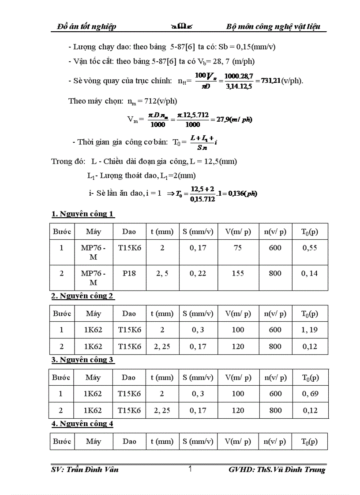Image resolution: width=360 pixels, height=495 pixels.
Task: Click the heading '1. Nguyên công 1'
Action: click(x=83, y=214)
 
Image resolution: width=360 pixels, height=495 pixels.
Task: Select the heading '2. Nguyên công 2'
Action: click(x=83, y=296)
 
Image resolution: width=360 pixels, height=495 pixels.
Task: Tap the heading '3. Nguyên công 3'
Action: click(x=83, y=360)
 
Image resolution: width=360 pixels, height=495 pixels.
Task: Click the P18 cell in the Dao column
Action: click(x=129, y=273)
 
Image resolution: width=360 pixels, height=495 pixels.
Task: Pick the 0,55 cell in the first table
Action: click(x=310, y=248)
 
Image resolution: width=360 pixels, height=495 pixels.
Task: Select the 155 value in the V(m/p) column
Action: click(x=238, y=273)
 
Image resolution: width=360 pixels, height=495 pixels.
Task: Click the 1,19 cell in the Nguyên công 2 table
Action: click(x=310, y=330)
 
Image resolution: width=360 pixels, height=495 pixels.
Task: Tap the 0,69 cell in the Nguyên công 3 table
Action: click(x=310, y=394)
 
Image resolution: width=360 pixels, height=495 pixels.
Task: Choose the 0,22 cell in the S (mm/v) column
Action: click(x=198, y=273)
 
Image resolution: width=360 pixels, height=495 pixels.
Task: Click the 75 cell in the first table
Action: click(x=238, y=248)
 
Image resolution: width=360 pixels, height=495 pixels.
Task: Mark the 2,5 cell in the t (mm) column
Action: click(x=162, y=273)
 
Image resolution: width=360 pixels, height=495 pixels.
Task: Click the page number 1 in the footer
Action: click(x=190, y=469)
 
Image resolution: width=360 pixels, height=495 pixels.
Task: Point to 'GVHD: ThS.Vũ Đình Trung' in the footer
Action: click(x=277, y=469)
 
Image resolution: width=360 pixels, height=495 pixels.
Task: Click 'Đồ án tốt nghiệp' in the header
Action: click(x=87, y=27)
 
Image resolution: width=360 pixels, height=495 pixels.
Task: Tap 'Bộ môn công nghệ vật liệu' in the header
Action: click(x=276, y=27)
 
